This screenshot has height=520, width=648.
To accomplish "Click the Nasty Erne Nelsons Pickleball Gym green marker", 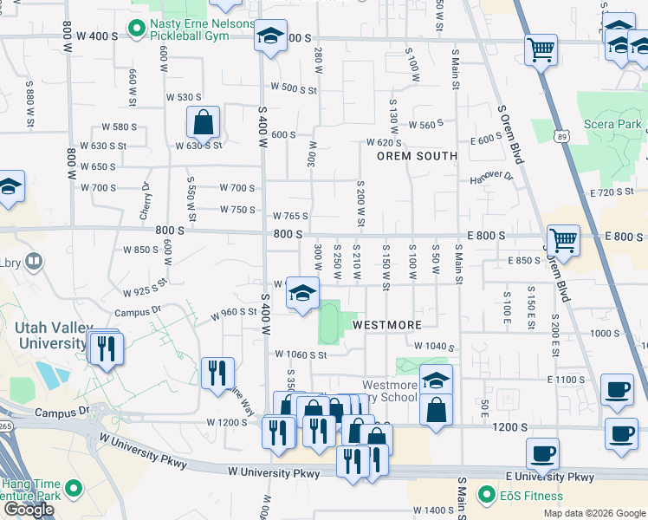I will click(x=136, y=29).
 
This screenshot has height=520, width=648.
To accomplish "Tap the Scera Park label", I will click(x=612, y=124).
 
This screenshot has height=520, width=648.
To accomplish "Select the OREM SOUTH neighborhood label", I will click(x=417, y=156).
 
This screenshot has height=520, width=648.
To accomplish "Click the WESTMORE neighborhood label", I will click(x=387, y=325).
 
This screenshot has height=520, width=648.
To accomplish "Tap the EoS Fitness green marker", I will click(x=486, y=496).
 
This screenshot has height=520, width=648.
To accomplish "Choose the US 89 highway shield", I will click(x=564, y=136).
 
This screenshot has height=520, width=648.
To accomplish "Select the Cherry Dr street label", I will click(x=146, y=201).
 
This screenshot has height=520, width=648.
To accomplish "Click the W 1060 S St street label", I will click(x=301, y=354).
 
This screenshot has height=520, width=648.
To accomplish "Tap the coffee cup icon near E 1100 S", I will click(x=616, y=390).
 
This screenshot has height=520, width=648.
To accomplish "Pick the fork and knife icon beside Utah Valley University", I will click(x=106, y=348).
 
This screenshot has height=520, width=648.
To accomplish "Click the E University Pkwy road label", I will click(x=550, y=477).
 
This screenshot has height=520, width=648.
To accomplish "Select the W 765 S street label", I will click(x=290, y=216).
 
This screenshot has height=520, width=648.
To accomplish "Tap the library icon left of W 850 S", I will click(x=34, y=259).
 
